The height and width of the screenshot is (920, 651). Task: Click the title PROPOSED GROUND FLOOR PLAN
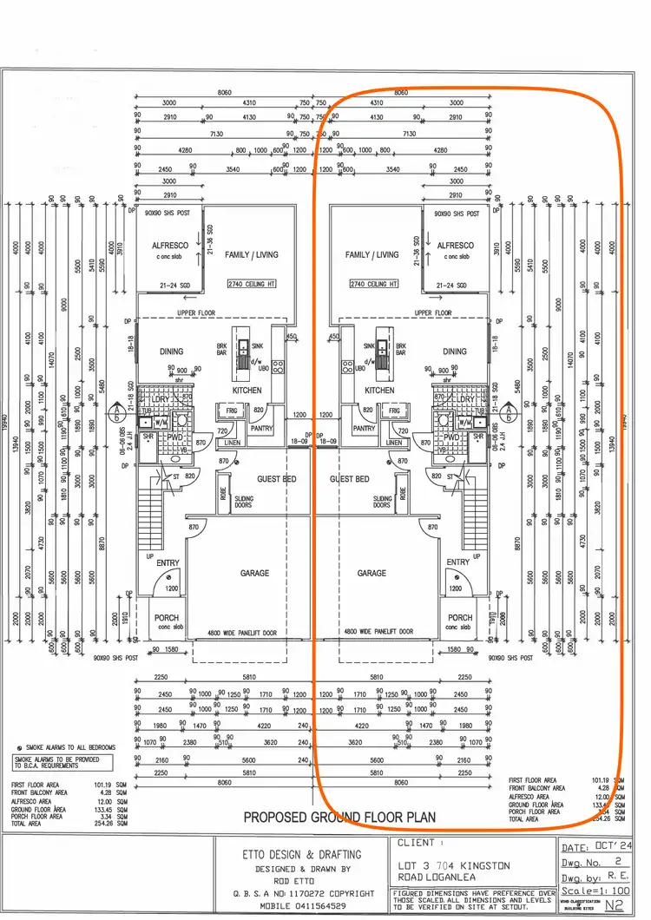tap(340, 817)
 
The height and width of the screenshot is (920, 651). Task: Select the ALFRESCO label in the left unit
tap(165, 246)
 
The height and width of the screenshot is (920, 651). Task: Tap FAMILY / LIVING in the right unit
tap(372, 254)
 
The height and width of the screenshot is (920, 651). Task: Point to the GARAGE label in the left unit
tap(253, 573)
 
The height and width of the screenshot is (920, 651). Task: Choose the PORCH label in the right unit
tap(460, 618)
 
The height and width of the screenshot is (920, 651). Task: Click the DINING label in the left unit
tap(171, 352)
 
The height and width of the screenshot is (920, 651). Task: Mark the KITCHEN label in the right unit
tap(379, 391)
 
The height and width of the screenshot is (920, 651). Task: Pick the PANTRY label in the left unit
tap(261, 428)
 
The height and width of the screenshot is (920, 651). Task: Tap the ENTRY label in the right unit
tap(457, 562)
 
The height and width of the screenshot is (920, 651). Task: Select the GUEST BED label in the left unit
tap(278, 479)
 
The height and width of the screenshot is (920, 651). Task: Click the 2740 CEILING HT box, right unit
tap(374, 284)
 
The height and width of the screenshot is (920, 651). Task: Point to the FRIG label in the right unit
tap(394, 411)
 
